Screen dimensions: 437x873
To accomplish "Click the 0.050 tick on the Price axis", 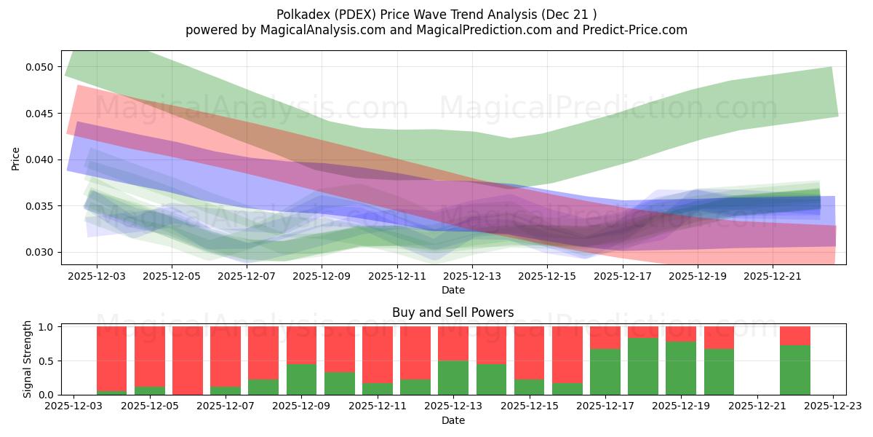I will (x=43, y=67).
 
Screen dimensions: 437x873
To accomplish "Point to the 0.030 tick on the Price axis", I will (x=43, y=253).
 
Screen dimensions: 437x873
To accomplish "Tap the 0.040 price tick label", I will (x=43, y=160).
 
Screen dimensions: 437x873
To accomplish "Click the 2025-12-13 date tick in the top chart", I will (x=472, y=277).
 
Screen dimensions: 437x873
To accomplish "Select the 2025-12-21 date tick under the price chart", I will (x=773, y=277).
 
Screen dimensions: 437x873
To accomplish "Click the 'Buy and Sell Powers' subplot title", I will (x=453, y=312).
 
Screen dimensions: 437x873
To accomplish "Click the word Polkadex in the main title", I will (x=300, y=14).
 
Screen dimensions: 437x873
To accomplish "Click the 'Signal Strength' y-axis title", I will (x=27, y=359).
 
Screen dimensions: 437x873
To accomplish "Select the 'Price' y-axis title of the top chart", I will (x=16, y=158).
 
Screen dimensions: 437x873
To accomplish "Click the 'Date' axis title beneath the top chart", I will (x=453, y=290).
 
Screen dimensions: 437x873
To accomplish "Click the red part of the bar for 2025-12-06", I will (x=188, y=360).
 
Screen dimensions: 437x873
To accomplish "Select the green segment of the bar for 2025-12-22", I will (x=795, y=370).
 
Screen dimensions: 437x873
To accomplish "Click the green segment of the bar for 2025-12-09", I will (x=301, y=379).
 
